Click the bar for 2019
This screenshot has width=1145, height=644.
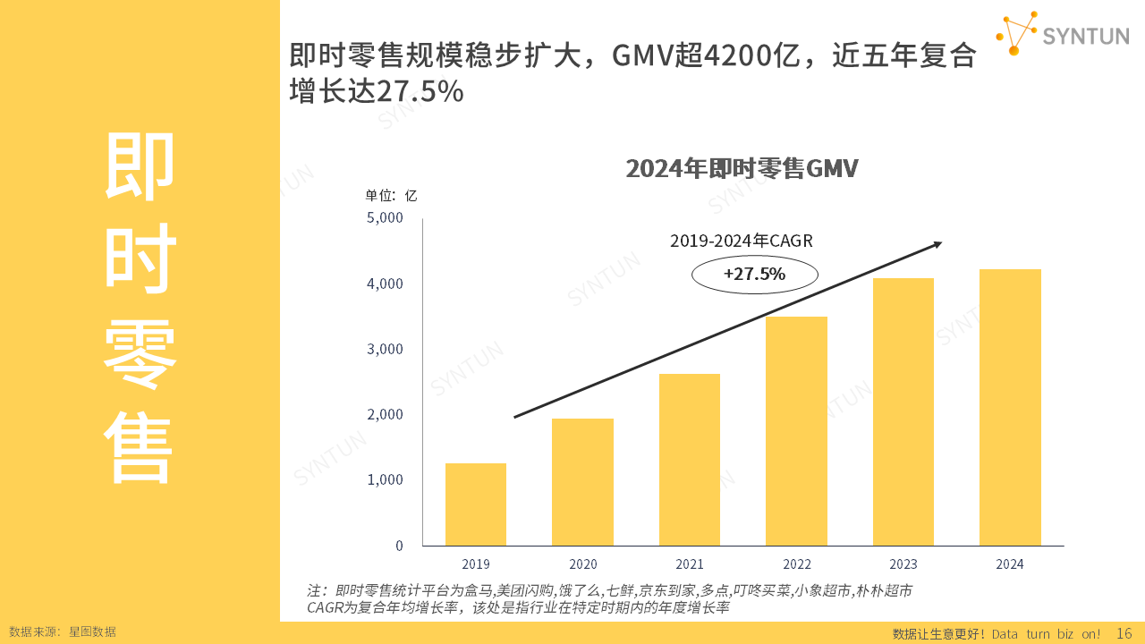(x=476, y=504)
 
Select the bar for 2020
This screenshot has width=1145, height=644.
(x=582, y=482)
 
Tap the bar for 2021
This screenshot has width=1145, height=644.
(x=689, y=460)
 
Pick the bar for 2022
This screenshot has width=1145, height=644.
(x=796, y=431)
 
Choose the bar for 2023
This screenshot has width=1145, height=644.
(x=903, y=411)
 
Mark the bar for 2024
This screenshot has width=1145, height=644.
(x=1010, y=407)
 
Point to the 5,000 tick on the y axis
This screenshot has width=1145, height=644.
(x=386, y=218)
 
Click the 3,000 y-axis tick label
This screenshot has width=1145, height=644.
(x=386, y=349)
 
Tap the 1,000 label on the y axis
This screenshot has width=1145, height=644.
(x=386, y=480)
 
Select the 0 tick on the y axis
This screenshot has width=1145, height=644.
(x=399, y=546)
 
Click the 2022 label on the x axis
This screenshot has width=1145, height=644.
(x=797, y=564)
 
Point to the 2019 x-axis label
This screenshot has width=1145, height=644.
(x=476, y=564)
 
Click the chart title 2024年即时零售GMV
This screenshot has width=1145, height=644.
(x=742, y=169)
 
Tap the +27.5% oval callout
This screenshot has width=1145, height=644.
(x=755, y=275)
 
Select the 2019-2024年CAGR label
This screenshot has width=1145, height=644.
(x=742, y=241)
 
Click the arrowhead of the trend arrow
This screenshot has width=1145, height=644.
(x=937, y=243)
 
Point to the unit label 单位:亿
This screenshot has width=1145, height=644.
(x=391, y=196)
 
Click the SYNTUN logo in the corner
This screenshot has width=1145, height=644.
(x=1062, y=35)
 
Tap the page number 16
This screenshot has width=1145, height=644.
(x=1124, y=633)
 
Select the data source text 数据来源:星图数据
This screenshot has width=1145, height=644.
(x=63, y=631)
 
